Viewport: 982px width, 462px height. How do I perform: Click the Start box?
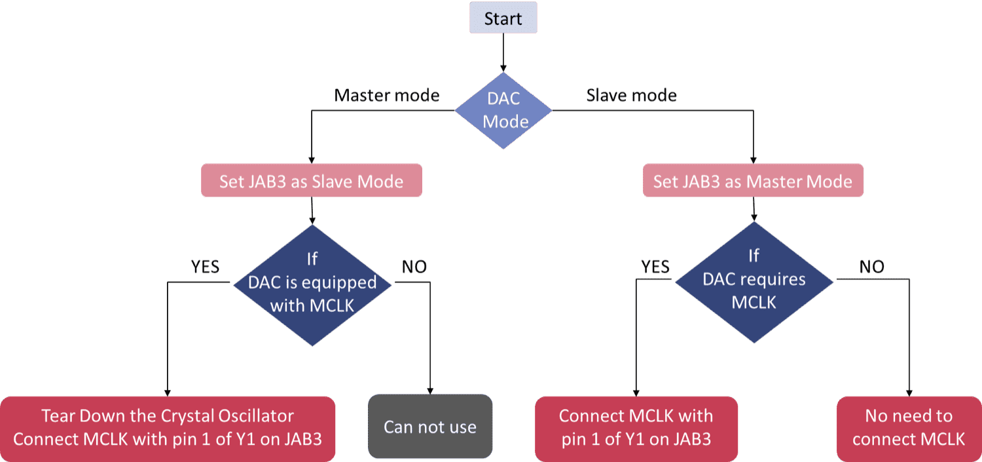click(503, 18)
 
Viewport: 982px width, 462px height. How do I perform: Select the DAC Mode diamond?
click(503, 110)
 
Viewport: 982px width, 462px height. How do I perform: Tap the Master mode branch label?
click(386, 96)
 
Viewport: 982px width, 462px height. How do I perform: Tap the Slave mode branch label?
click(631, 96)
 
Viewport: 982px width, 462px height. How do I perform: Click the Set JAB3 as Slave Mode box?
click(311, 182)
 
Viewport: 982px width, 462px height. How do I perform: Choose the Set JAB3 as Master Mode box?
click(753, 182)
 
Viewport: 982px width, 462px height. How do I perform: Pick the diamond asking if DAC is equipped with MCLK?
click(312, 282)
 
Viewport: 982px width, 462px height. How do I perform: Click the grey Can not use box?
click(429, 427)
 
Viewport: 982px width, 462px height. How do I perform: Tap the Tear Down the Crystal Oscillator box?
click(168, 427)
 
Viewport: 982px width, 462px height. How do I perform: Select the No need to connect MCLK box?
click(909, 427)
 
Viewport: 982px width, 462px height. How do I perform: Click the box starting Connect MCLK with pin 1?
click(636, 427)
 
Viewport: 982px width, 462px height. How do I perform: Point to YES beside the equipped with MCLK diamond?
click(205, 267)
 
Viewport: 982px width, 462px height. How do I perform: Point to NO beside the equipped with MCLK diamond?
click(413, 267)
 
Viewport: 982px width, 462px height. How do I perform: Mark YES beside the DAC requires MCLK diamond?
click(655, 266)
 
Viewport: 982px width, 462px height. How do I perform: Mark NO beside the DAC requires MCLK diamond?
click(871, 266)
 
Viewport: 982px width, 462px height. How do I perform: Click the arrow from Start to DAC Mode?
click(503, 52)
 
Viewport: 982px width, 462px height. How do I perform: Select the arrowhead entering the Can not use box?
click(430, 389)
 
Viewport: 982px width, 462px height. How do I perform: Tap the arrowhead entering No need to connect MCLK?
click(909, 391)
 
